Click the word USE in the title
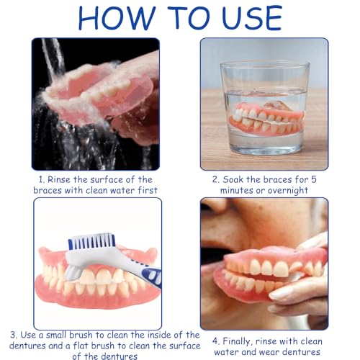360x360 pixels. tap(252, 18)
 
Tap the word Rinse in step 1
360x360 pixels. tap(59, 179)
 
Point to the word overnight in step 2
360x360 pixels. tap(288, 191)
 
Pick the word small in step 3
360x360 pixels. tap(58, 335)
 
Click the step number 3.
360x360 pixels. tap(14, 335)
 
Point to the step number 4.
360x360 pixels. tap(216, 341)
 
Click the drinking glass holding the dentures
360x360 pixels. tap(265, 107)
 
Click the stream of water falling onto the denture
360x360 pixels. tap(53, 59)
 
